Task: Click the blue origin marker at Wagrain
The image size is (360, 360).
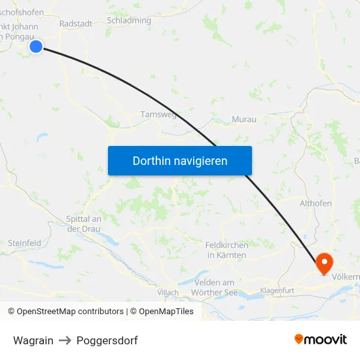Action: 36,46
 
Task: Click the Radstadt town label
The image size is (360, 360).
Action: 75,23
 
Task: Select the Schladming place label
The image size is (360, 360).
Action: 128,20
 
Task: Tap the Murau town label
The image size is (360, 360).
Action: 244,120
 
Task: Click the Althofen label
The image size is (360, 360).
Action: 315,204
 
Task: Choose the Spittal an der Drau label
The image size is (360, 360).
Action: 83,223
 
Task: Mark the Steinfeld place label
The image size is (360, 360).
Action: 24,243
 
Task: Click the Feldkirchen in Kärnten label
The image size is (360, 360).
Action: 226,249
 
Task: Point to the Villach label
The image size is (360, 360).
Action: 168,293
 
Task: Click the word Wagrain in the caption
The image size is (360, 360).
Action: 33,340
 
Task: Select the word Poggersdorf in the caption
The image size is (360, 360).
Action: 107,340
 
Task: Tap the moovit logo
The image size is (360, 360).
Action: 321,339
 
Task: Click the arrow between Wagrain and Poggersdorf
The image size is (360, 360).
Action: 65,340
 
